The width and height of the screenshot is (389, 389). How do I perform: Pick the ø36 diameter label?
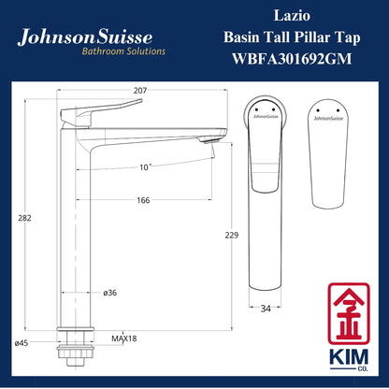tap(109, 292)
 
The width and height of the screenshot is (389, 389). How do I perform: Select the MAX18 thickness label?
tap(122, 338)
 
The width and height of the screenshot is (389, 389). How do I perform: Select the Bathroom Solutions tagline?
tap(120, 52)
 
